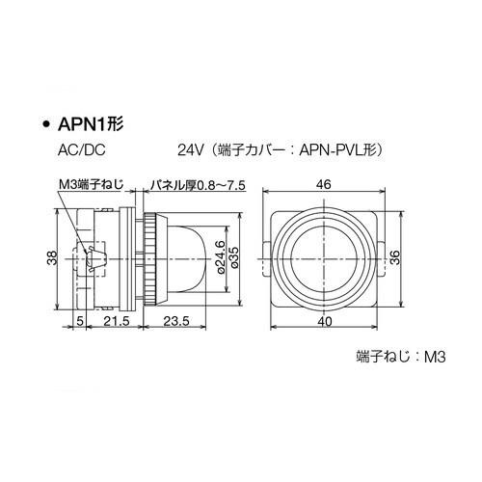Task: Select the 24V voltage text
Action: click(190, 151)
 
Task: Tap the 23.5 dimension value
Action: click(175, 320)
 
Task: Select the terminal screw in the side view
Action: click(94, 257)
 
